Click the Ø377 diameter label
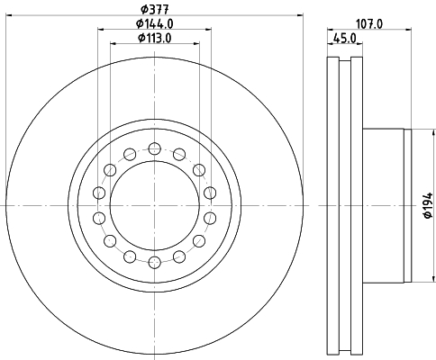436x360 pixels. (x=155, y=9)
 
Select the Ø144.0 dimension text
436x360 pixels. (x=155, y=23)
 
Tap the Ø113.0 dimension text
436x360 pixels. (x=155, y=38)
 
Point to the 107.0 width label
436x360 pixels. (x=369, y=23)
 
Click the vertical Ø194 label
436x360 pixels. (x=428, y=205)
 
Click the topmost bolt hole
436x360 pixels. (x=155, y=148)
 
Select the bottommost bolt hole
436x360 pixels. (x=155, y=263)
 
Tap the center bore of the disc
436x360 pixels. (x=155, y=205)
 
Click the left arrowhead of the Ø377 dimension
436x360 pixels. (x=10, y=14)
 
